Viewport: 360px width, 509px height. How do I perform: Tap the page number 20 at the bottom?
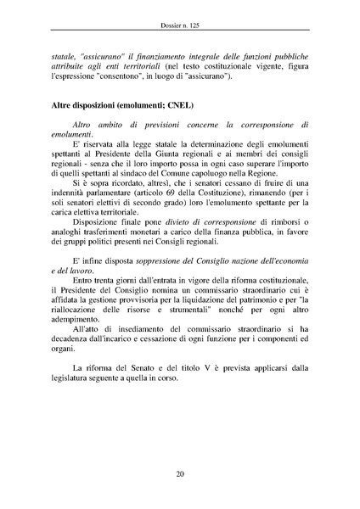pyautogui.click(x=180, y=473)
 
